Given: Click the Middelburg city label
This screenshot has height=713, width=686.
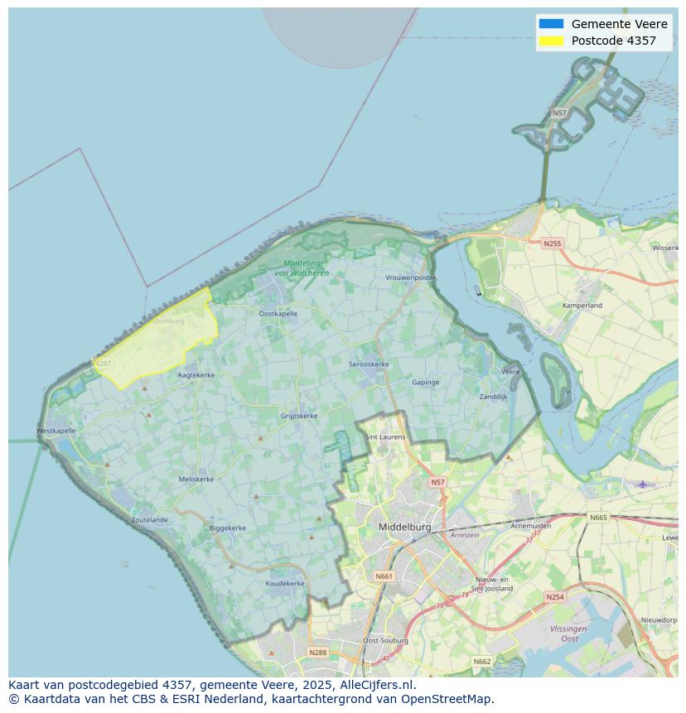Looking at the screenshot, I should (x=404, y=527).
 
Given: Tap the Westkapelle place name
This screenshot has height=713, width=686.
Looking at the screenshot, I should (x=56, y=431).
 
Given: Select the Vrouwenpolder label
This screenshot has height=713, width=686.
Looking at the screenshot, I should (x=410, y=278).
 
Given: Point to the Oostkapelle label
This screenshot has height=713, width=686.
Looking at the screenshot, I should (x=278, y=314).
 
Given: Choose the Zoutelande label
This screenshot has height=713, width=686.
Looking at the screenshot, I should (x=149, y=520).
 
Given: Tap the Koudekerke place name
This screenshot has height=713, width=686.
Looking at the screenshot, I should (x=284, y=583).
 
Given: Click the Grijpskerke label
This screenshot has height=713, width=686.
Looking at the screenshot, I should (x=299, y=416).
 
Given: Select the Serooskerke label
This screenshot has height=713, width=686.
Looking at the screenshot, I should (x=369, y=364).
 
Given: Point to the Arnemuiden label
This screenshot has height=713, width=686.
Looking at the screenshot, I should (x=531, y=525).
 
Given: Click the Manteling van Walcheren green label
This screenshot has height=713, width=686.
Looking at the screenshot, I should (x=301, y=268).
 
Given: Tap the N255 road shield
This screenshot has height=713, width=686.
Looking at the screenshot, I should (x=552, y=243).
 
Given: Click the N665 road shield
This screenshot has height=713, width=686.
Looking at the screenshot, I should (x=597, y=518).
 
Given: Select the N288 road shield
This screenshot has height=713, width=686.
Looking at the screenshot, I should (x=317, y=653).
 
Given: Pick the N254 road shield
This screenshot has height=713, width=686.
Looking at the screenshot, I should (x=554, y=596).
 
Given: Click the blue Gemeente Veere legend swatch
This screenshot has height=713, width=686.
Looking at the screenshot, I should (x=550, y=24).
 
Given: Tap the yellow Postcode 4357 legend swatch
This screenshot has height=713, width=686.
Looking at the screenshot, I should (x=550, y=41).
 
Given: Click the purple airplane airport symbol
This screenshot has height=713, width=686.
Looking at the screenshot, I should (x=641, y=484).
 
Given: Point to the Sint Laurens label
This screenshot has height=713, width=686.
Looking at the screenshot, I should (x=385, y=436).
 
